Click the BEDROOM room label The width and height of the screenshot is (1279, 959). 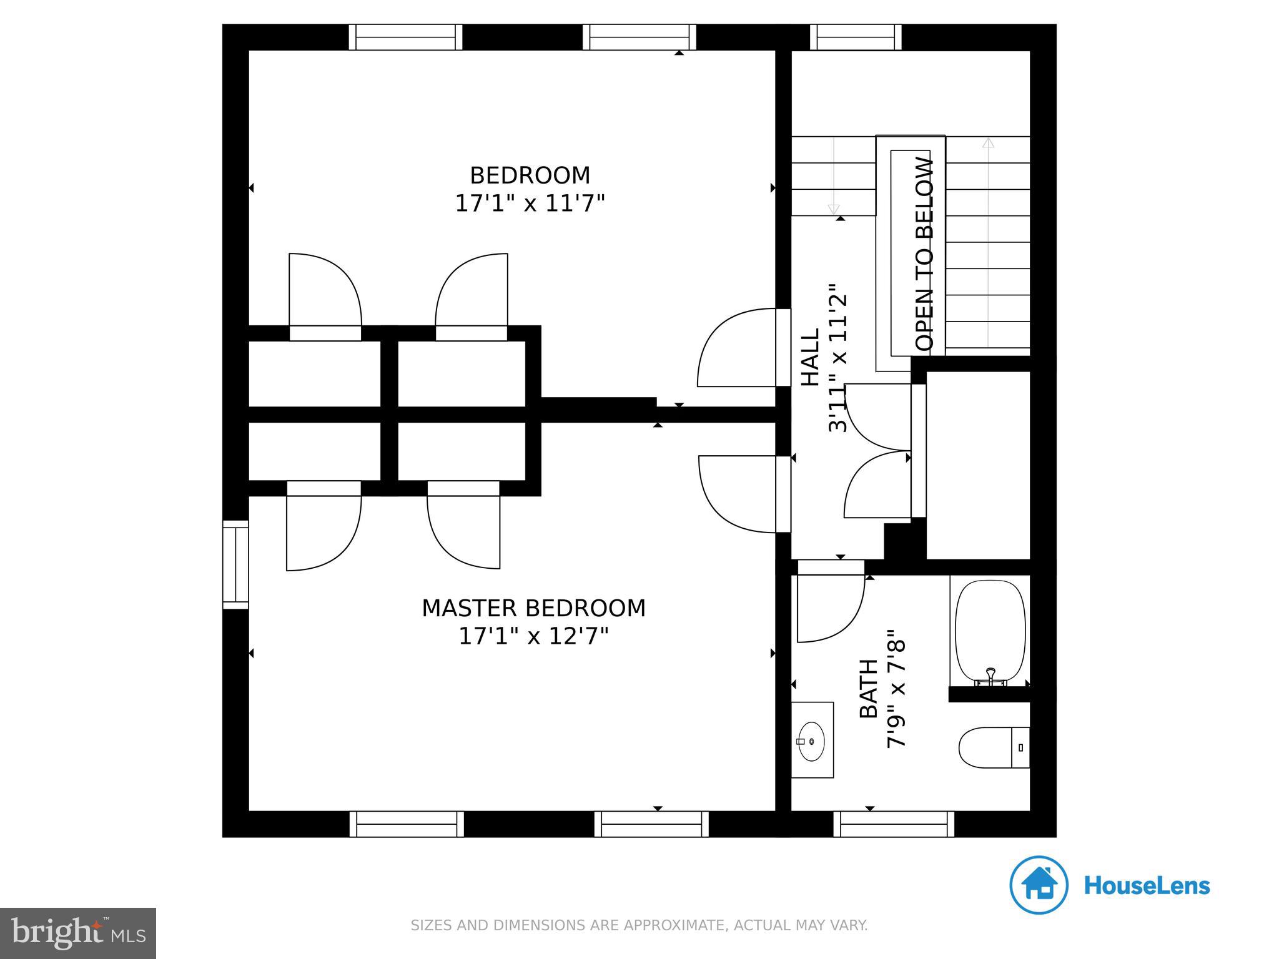pos(530,175)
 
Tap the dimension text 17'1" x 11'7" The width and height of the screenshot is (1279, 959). pos(530,204)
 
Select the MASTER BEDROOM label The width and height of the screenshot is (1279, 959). pos(533,608)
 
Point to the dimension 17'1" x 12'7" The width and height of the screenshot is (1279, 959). pos(533,636)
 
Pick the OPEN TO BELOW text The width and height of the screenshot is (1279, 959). pos(924,253)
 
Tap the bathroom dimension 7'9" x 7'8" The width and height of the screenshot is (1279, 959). pos(896,689)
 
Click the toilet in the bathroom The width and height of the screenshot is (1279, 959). pos(993,747)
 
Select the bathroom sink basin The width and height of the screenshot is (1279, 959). pos(811,741)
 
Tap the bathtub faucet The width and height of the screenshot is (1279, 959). pos(990,675)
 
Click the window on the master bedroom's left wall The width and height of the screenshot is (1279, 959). pos(235,564)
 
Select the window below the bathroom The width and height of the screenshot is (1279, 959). pos(894,824)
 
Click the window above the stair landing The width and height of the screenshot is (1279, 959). pos(856,37)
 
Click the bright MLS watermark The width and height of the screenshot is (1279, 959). pos(78,933)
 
